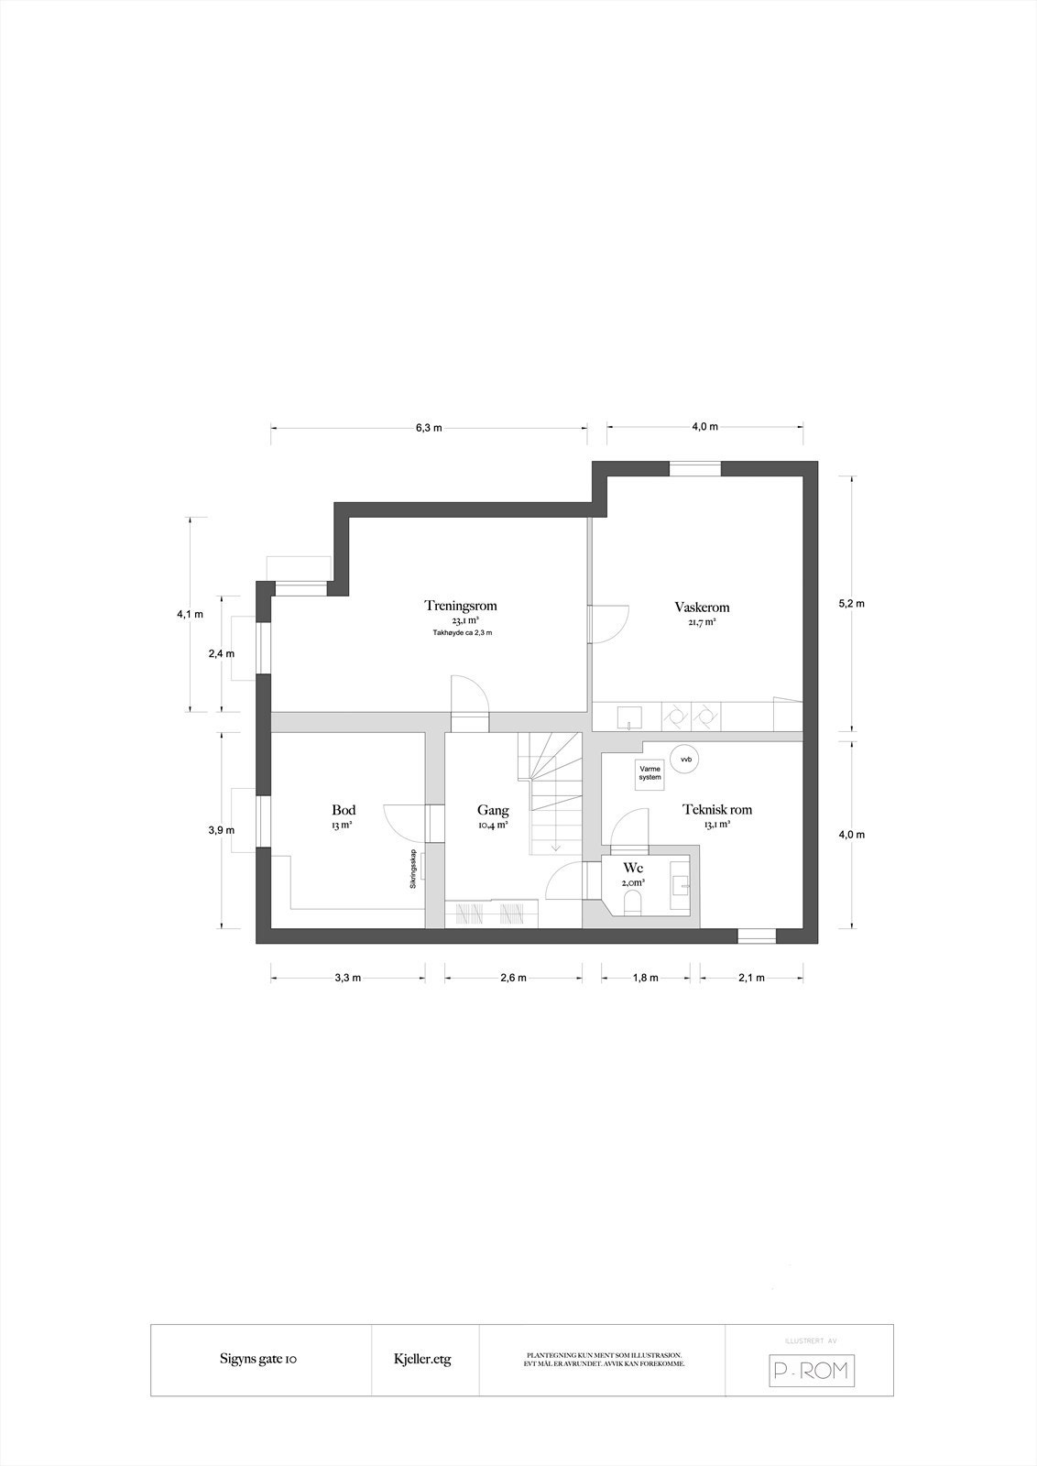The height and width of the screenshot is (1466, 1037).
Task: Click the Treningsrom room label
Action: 460,606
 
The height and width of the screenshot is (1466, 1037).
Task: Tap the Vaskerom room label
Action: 702,607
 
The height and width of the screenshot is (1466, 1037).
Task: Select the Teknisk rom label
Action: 717,809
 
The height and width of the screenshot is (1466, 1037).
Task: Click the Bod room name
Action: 344,810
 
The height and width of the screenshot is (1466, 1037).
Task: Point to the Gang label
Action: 493,810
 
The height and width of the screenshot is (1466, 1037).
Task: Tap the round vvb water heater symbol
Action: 683,759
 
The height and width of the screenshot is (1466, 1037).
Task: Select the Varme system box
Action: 649,772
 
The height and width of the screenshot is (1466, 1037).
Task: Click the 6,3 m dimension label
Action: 429,427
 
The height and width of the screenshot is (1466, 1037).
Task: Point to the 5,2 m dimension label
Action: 852,604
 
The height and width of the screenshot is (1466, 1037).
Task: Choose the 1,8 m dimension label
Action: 646,978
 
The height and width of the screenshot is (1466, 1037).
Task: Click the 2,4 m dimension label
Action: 223,653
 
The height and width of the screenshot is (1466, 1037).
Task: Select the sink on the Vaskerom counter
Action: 629,716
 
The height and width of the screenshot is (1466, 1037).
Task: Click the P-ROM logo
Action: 810,1371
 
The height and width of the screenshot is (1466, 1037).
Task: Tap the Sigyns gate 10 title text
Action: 257,1360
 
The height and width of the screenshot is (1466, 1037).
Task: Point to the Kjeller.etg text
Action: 423,1360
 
